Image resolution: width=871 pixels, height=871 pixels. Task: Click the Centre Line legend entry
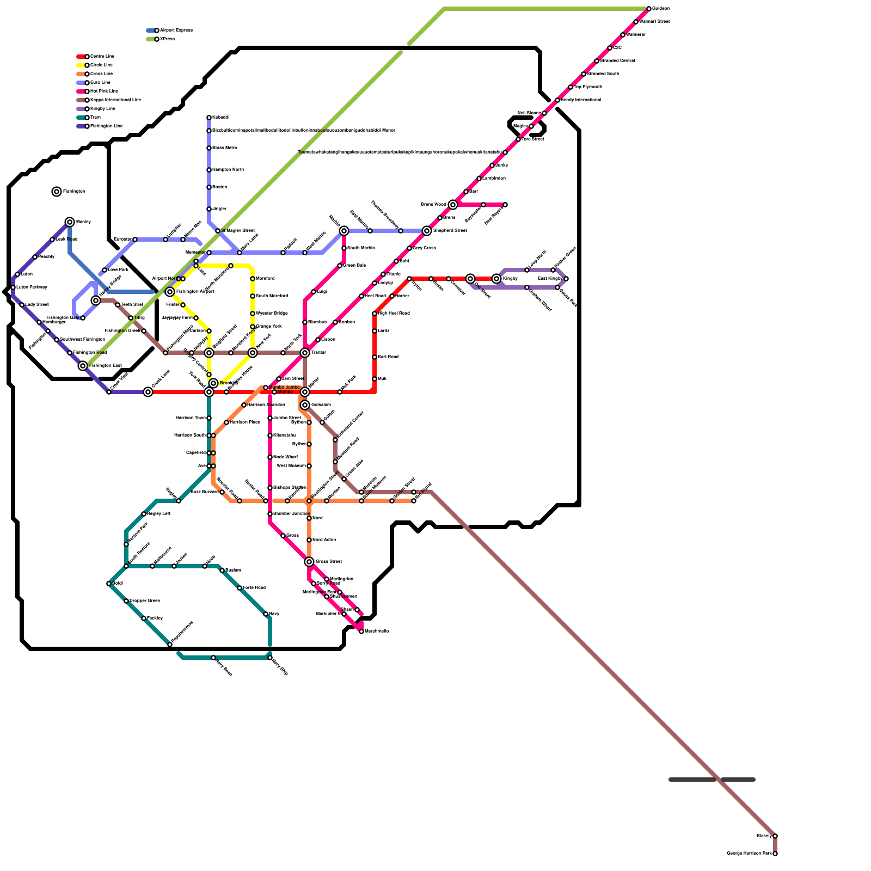coord(102,57)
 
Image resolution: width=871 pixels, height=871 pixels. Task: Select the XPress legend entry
coord(167,39)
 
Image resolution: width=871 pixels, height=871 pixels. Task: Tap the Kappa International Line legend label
coord(115,100)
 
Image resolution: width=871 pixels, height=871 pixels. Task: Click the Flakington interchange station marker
coord(57,192)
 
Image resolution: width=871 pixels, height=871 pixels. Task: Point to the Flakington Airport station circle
coord(170,292)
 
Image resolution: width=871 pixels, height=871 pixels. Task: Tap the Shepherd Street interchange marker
coord(427,231)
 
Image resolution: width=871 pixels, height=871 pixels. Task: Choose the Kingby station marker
coord(496,279)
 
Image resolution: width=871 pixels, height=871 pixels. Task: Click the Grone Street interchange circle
coord(309,562)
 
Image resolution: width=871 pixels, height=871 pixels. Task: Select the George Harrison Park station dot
coord(775,854)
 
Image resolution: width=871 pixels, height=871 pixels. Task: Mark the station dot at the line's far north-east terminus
coord(649,9)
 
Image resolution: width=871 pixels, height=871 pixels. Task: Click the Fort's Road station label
coord(254,588)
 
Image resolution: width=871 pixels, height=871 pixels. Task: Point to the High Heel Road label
coord(394,314)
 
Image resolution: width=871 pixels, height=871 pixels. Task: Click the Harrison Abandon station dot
coord(244,405)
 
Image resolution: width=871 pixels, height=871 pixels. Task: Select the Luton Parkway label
coord(32,287)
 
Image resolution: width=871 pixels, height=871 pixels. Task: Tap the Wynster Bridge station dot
coord(253,314)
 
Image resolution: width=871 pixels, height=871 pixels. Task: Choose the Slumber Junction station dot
coord(270,514)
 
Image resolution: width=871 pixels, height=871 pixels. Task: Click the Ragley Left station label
coord(159,514)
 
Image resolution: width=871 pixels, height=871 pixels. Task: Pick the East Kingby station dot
coord(566,279)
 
